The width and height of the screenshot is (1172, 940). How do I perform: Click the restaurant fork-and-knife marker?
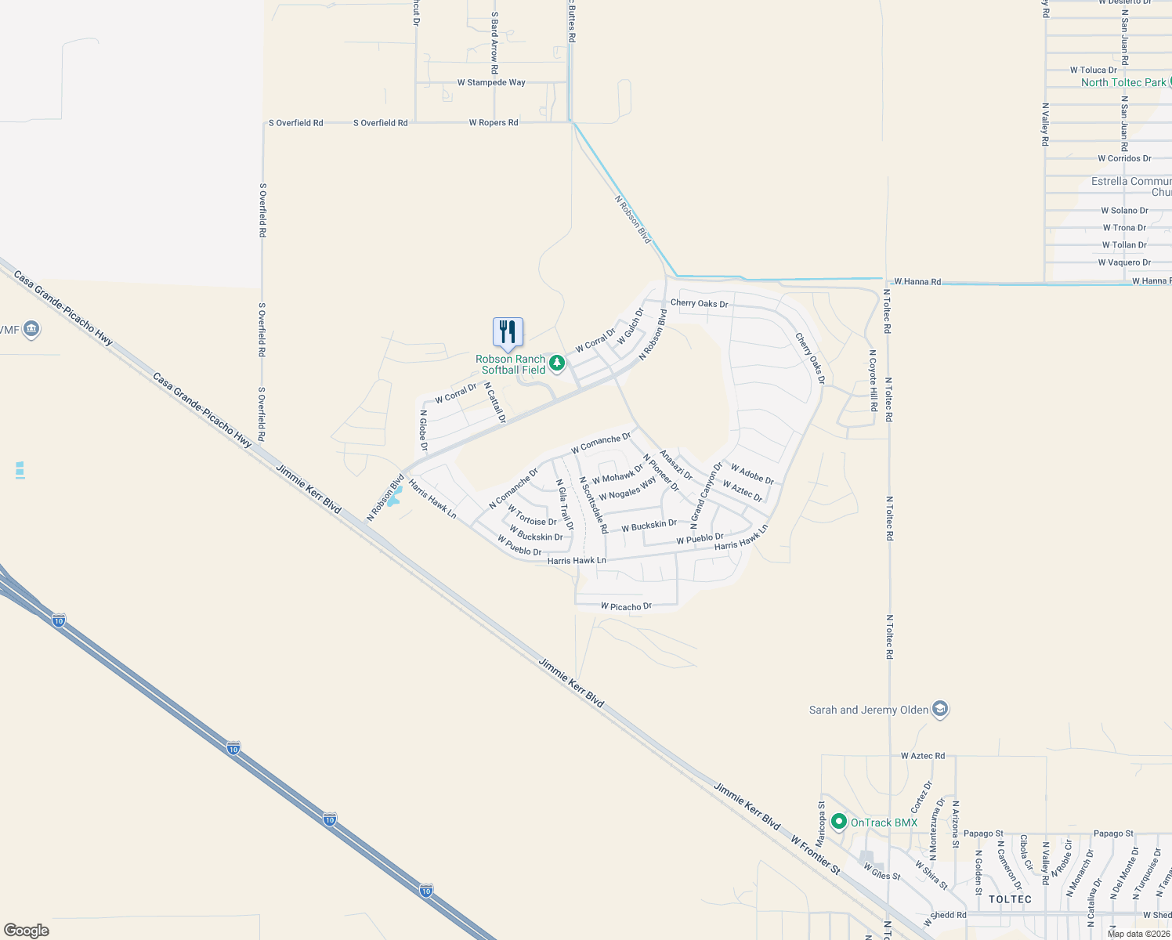(x=508, y=332)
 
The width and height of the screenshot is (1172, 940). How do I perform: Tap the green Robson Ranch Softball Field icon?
(x=557, y=363)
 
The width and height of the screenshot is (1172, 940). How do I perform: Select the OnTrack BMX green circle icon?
(x=839, y=822)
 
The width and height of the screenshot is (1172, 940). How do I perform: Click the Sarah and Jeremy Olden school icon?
(x=940, y=710)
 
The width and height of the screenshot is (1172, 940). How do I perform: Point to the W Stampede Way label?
(x=491, y=82)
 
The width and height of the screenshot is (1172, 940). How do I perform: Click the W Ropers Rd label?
(x=493, y=123)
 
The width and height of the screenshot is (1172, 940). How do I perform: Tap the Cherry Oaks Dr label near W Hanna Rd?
(x=699, y=303)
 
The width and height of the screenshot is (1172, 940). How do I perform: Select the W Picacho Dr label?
(x=626, y=606)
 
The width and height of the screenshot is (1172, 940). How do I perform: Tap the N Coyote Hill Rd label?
(x=873, y=381)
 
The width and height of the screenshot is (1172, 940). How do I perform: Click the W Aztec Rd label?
(x=922, y=756)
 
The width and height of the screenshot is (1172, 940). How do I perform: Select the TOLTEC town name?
(x=1010, y=899)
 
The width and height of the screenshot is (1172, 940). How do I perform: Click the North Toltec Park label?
(x=1123, y=82)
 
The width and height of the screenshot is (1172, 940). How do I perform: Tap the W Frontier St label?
(x=815, y=854)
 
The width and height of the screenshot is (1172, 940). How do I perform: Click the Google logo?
(x=27, y=931)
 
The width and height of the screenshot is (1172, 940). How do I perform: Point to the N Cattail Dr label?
(x=494, y=403)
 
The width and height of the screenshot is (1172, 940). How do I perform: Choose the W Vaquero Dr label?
(x=1124, y=262)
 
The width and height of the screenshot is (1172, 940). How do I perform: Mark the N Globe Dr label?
(x=423, y=430)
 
